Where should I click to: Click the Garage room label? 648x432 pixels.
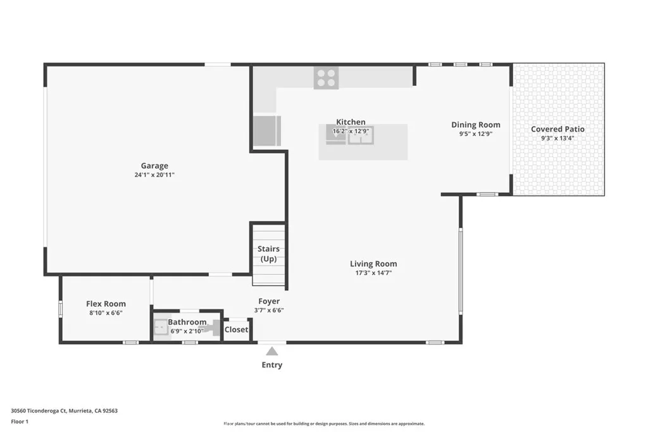154,166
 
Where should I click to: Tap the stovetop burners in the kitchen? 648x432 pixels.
326,78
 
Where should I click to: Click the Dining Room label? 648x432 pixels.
475,125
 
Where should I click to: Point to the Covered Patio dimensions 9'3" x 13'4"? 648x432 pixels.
558,139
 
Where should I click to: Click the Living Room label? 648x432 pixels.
373,264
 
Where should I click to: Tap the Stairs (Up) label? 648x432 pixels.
268,254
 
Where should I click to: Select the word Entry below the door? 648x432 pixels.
271,365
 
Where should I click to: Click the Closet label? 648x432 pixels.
236,330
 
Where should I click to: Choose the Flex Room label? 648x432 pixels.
106,304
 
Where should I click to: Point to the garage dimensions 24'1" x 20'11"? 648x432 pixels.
154,175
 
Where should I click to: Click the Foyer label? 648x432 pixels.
269,301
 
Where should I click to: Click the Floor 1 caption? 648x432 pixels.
20,421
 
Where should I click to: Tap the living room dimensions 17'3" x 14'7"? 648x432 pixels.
373,273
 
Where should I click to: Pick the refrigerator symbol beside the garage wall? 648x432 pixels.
265,130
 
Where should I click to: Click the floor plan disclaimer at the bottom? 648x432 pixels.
323,424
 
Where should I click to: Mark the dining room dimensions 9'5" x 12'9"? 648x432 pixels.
475,134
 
